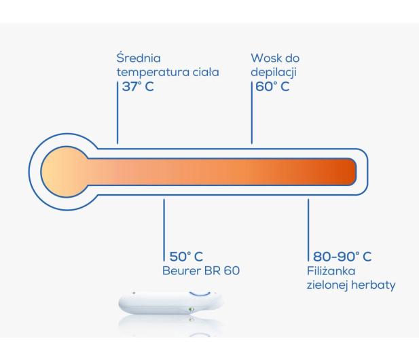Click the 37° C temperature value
point(138,86)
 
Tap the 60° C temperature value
point(272,86)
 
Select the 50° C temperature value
point(186,257)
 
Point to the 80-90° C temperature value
point(342,257)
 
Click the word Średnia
point(139,58)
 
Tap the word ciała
point(206,71)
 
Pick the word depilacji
point(274,73)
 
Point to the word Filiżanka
point(331,272)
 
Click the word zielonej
point(327,285)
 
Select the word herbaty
point(374,285)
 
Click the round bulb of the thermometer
point(65,172)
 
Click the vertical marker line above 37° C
point(117,113)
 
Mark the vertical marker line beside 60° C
point(252,113)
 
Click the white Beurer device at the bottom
point(170,304)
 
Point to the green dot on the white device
point(191,310)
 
